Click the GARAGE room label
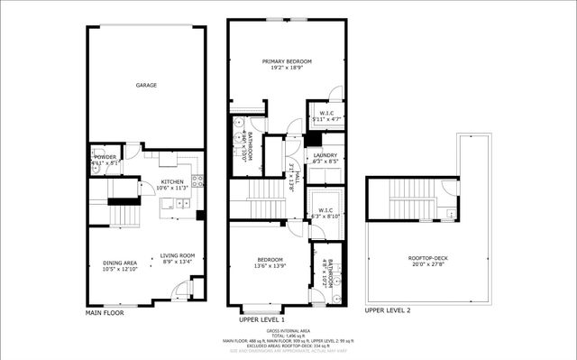pyautogui.click(x=146, y=86)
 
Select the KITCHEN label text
pyautogui.click(x=172, y=181)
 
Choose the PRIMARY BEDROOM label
pyautogui.click(x=286, y=61)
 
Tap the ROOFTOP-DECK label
pyautogui.click(x=417, y=258)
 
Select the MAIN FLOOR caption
pyautogui.click(x=105, y=312)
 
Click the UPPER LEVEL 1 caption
pyautogui.click(x=261, y=319)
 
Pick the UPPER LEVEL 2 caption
pyautogui.click(x=387, y=309)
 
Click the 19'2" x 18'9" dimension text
pyautogui.click(x=286, y=68)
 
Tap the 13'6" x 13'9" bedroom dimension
pyautogui.click(x=271, y=266)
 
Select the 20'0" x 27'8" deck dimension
pyautogui.click(x=417, y=264)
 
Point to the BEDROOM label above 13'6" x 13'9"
pyautogui.click(x=271, y=260)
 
